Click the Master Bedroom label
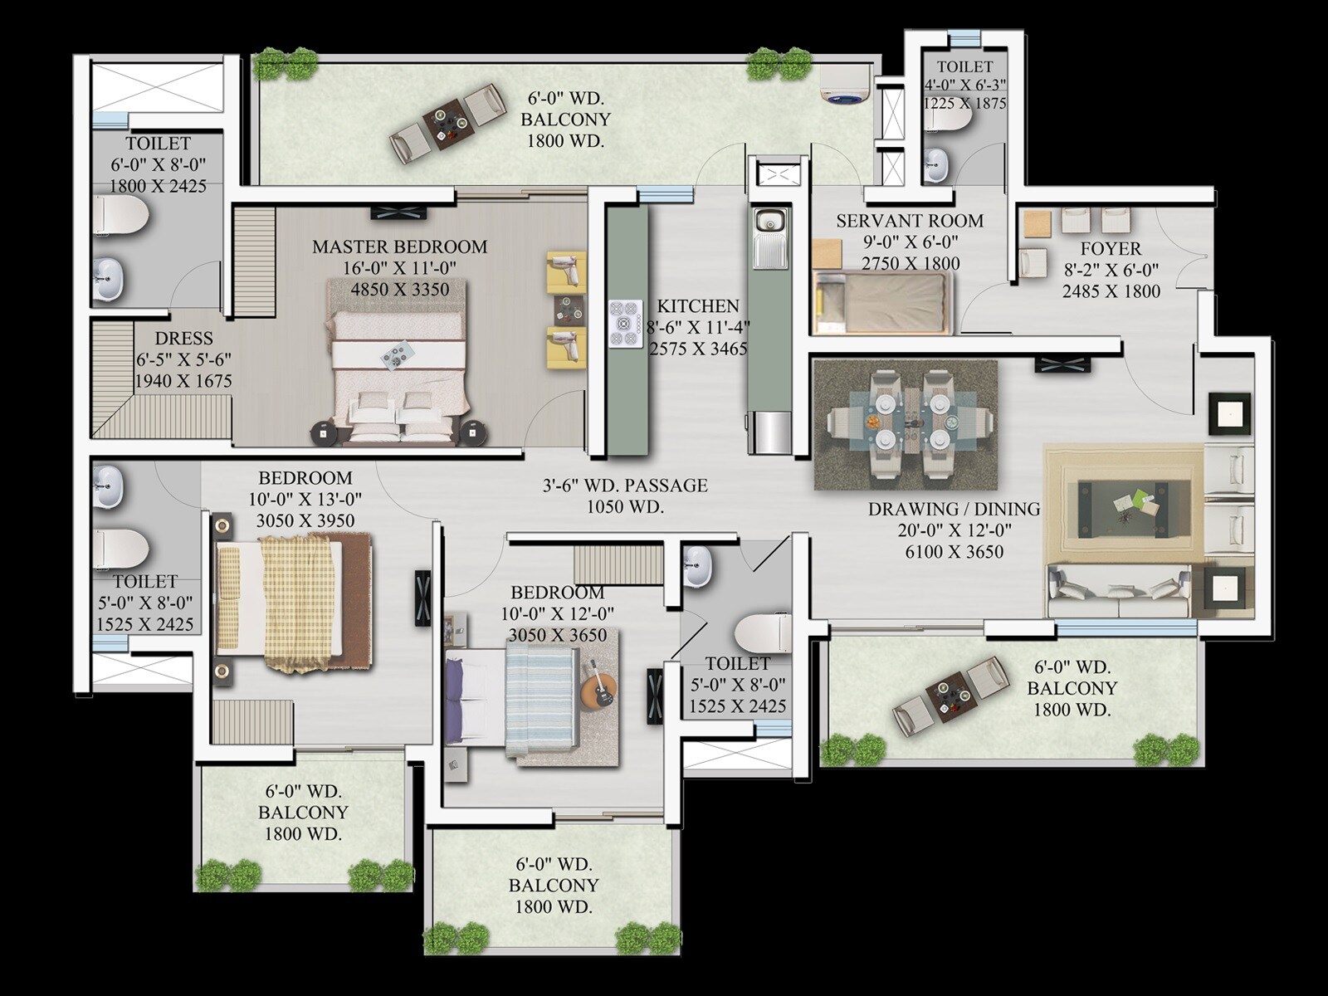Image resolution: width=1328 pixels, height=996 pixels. coord(399,247)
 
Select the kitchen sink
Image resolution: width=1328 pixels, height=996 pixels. coord(769,222)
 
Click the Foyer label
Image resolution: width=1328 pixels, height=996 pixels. coord(1111,249)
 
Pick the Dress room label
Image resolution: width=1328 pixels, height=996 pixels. coord(183,339)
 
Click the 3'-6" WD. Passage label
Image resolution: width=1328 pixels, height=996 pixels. coord(625,486)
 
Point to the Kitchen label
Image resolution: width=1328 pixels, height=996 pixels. coord(697,306)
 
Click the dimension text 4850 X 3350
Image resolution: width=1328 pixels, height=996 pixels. coord(399,290)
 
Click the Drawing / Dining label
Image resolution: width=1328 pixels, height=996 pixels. coord(954,510)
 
